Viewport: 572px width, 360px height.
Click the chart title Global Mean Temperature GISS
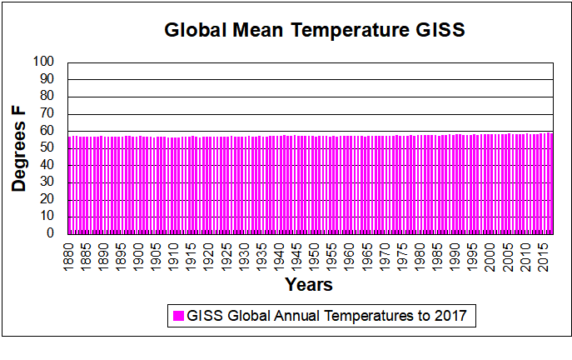click(313, 31)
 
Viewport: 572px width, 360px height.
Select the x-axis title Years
click(309, 285)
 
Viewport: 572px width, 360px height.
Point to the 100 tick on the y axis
click(44, 62)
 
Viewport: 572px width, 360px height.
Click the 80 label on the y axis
click(47, 96)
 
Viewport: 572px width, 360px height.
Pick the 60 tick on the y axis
click(47, 130)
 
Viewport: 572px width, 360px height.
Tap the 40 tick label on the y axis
click(47, 165)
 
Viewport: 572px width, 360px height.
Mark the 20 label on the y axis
click(47, 199)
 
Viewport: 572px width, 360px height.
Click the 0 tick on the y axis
click(51, 233)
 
